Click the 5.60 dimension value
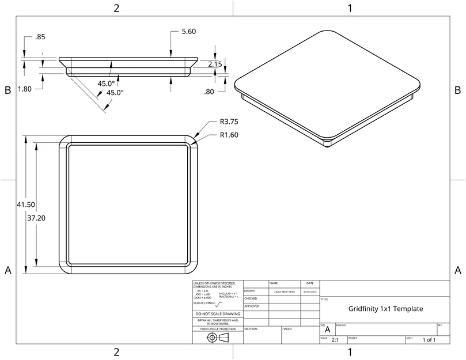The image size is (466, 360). coord(190,32)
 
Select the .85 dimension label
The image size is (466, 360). coord(40,37)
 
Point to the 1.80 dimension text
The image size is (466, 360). coord(25,89)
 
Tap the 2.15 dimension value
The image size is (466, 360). coord(215,65)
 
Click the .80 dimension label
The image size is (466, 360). coord(209,92)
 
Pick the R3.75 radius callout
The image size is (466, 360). coord(229,122)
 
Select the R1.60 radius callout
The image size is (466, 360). coord(229,135)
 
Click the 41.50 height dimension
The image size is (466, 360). coord(26,204)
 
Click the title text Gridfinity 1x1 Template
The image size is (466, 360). coord(385,309)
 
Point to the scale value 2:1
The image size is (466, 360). coord(335,340)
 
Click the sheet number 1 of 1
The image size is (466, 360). coord(429,340)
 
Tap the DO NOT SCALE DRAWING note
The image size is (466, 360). coord(217,314)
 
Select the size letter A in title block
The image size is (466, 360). coord(327,330)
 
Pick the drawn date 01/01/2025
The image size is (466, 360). coord(309,292)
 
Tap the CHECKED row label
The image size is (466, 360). coord(251,299)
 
